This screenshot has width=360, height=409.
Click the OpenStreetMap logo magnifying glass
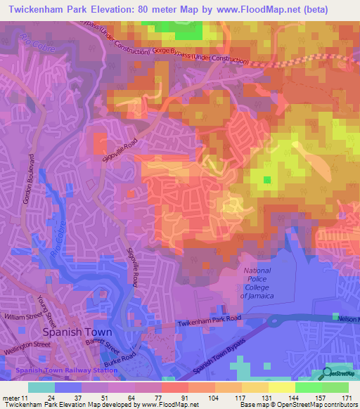coord(328,372)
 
